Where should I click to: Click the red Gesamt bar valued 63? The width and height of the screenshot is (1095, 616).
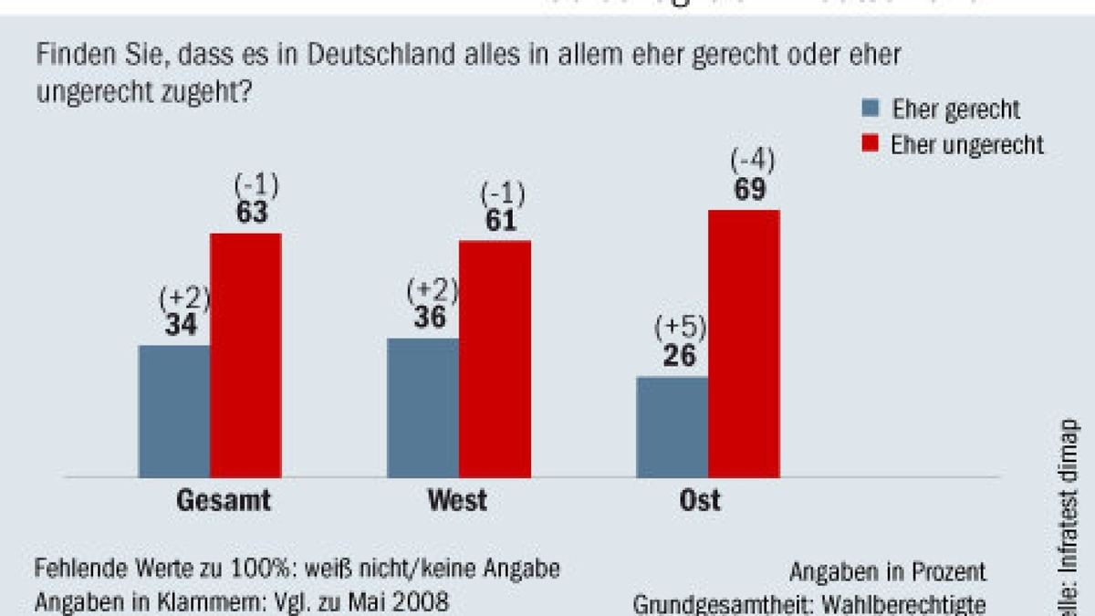click(245, 356)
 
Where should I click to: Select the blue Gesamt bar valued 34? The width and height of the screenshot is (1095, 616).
click(174, 411)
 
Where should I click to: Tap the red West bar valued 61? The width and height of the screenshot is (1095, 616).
click(495, 359)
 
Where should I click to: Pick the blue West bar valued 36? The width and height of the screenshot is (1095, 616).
click(423, 408)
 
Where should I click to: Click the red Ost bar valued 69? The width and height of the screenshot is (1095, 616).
click(744, 344)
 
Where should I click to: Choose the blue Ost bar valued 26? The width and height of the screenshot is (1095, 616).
click(673, 426)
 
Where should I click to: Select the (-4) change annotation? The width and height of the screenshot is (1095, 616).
click(752, 162)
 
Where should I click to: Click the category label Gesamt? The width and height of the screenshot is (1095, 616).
click(223, 501)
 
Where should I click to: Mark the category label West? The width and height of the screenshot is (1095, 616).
click(456, 501)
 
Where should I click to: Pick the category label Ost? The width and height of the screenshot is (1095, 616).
click(700, 501)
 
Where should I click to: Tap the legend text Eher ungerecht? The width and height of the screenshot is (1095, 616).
click(968, 145)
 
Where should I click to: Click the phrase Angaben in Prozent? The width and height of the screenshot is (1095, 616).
click(888, 572)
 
